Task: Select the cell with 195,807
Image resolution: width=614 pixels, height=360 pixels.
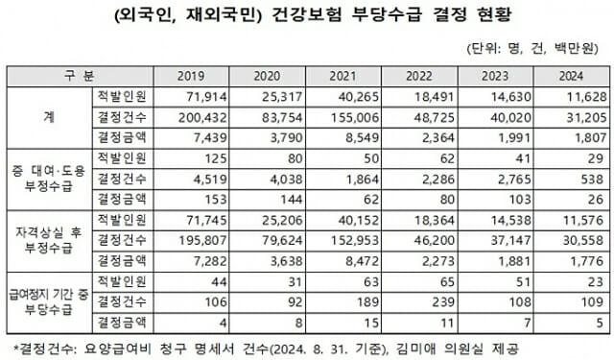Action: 201,240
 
